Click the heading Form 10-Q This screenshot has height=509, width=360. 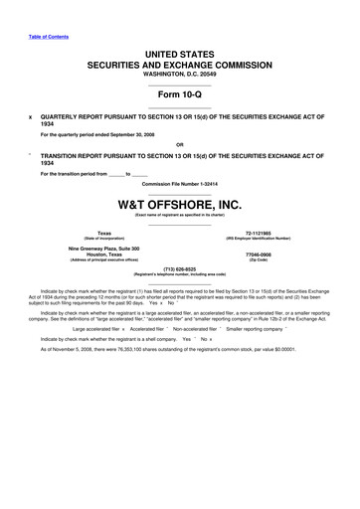pos(179,94)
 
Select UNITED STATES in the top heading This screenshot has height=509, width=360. pos(179,50)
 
